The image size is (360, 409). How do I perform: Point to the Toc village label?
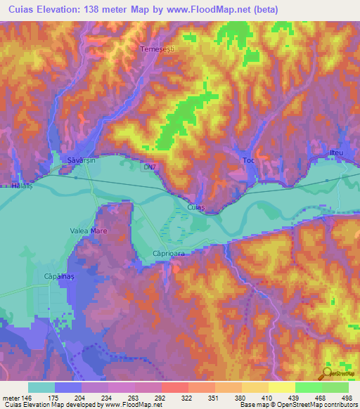[247, 160]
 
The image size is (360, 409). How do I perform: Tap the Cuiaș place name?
[196, 207]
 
